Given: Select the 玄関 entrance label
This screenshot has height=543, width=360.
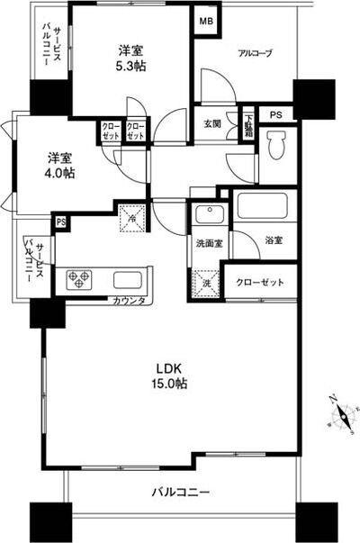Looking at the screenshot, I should [212, 123].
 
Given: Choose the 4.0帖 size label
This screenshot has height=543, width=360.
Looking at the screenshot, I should [60, 174].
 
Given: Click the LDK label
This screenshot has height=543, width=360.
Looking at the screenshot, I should [170, 369].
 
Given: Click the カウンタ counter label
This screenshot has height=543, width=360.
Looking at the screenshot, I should [130, 300].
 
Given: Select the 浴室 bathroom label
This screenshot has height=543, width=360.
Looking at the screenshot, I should [274, 240].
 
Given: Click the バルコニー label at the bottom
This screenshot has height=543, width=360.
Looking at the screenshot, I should [179, 493].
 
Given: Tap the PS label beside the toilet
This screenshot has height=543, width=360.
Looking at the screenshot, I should [276, 114].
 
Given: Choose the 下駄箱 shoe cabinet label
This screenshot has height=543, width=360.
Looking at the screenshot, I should [248, 120].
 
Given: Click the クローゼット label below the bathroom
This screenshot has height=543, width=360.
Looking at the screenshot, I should [260, 282].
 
